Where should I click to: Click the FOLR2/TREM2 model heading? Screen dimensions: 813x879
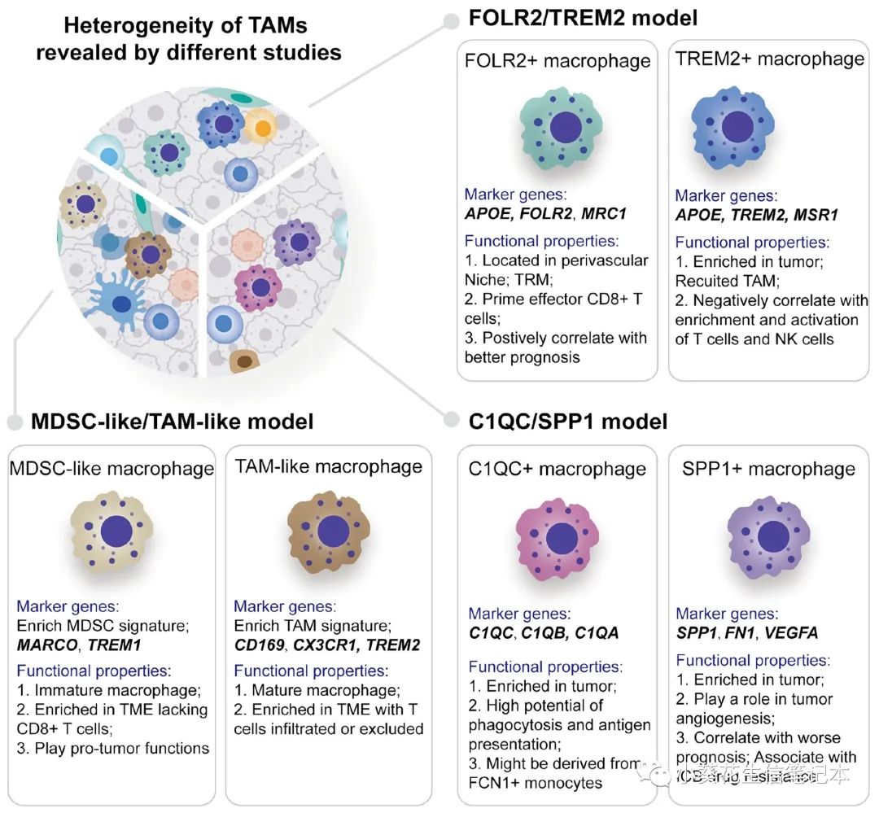(x=583, y=18)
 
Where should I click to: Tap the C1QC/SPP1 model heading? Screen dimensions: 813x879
(x=568, y=421)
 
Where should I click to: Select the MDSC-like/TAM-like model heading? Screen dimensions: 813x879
(x=172, y=422)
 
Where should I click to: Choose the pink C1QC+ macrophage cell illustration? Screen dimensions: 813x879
(x=558, y=538)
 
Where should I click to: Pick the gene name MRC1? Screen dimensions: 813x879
(x=606, y=214)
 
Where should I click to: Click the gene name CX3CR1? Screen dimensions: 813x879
(x=330, y=645)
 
